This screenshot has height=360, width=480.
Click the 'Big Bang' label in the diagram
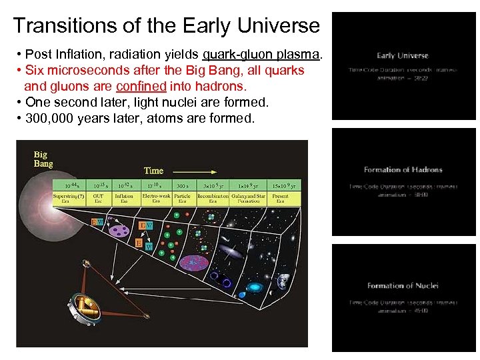point(43,159)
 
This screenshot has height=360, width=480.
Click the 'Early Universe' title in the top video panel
point(402,55)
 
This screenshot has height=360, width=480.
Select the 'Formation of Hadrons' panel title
point(403,170)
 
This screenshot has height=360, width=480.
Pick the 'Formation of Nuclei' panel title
point(403,285)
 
